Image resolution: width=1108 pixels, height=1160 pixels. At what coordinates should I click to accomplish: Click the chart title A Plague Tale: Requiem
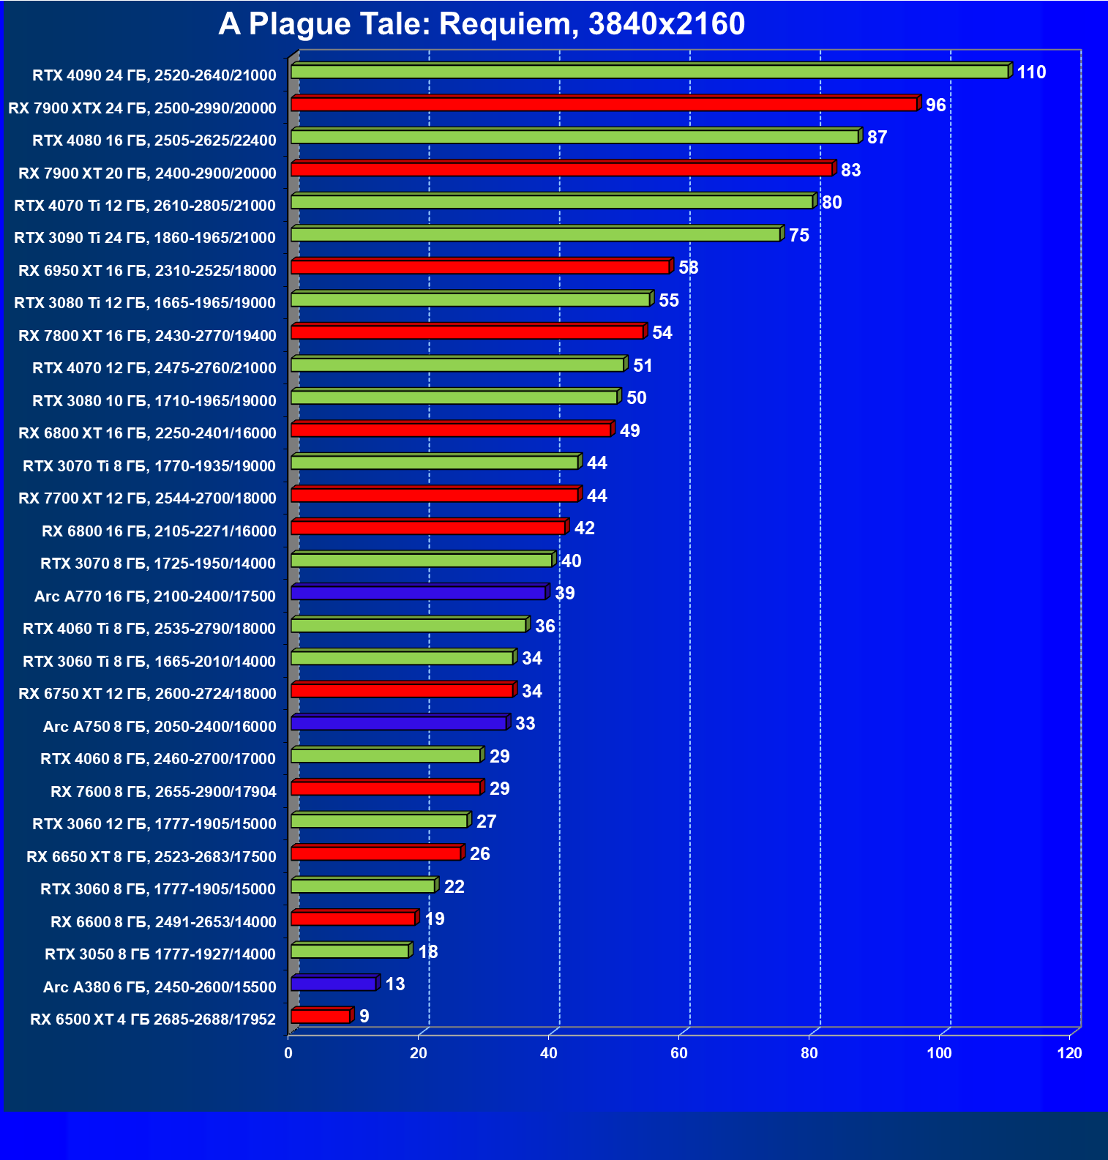click(x=482, y=24)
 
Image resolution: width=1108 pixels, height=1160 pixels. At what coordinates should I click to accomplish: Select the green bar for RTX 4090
click(x=650, y=72)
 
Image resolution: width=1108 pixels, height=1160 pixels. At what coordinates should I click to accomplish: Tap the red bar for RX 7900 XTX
click(x=604, y=105)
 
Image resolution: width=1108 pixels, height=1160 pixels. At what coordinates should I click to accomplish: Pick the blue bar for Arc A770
click(x=419, y=593)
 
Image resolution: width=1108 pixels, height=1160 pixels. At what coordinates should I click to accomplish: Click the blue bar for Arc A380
click(x=334, y=984)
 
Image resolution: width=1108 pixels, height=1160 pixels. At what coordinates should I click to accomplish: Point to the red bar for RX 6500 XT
click(x=321, y=1017)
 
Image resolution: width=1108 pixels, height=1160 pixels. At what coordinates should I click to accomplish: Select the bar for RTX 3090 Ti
click(x=536, y=234)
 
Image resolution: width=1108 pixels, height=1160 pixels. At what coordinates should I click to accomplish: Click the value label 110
click(x=1031, y=72)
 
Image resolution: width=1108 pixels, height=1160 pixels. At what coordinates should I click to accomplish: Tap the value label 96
click(x=935, y=105)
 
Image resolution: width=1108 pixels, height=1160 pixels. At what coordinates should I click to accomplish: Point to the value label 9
click(x=364, y=1017)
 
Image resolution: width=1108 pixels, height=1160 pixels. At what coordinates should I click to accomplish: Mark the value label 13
click(x=395, y=984)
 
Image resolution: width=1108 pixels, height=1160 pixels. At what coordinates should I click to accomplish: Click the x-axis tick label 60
click(x=679, y=1053)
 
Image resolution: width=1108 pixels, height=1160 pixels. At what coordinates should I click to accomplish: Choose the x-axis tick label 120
click(x=1069, y=1053)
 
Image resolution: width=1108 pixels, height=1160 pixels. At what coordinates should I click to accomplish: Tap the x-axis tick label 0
click(x=288, y=1053)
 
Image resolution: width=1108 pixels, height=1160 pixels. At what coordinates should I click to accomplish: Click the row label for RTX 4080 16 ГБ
click(x=154, y=141)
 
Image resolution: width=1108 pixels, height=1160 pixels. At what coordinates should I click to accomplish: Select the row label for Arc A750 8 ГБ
click(x=160, y=727)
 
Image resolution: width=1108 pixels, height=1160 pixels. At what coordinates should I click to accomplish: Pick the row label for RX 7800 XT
click(x=147, y=336)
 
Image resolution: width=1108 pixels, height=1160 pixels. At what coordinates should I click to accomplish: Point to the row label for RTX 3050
click(x=160, y=954)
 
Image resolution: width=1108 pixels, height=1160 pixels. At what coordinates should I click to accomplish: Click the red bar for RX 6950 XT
click(x=480, y=267)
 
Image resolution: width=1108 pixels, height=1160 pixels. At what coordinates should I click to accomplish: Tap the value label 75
click(x=798, y=236)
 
